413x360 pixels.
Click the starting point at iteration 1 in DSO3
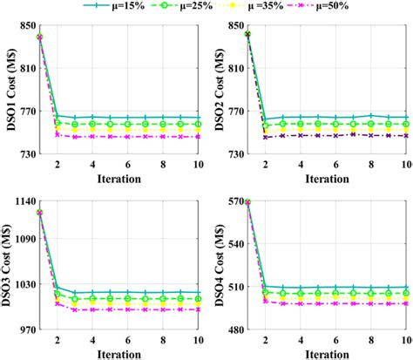pos(40,212)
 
